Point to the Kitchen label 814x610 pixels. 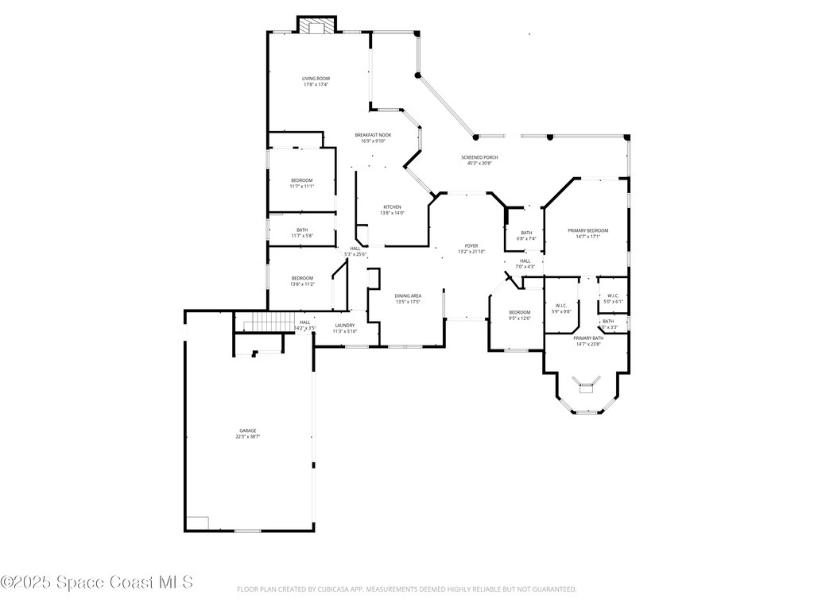392,210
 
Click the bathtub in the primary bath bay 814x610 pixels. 587,387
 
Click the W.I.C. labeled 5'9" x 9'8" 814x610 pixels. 560,307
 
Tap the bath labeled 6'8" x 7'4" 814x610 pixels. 526,235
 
